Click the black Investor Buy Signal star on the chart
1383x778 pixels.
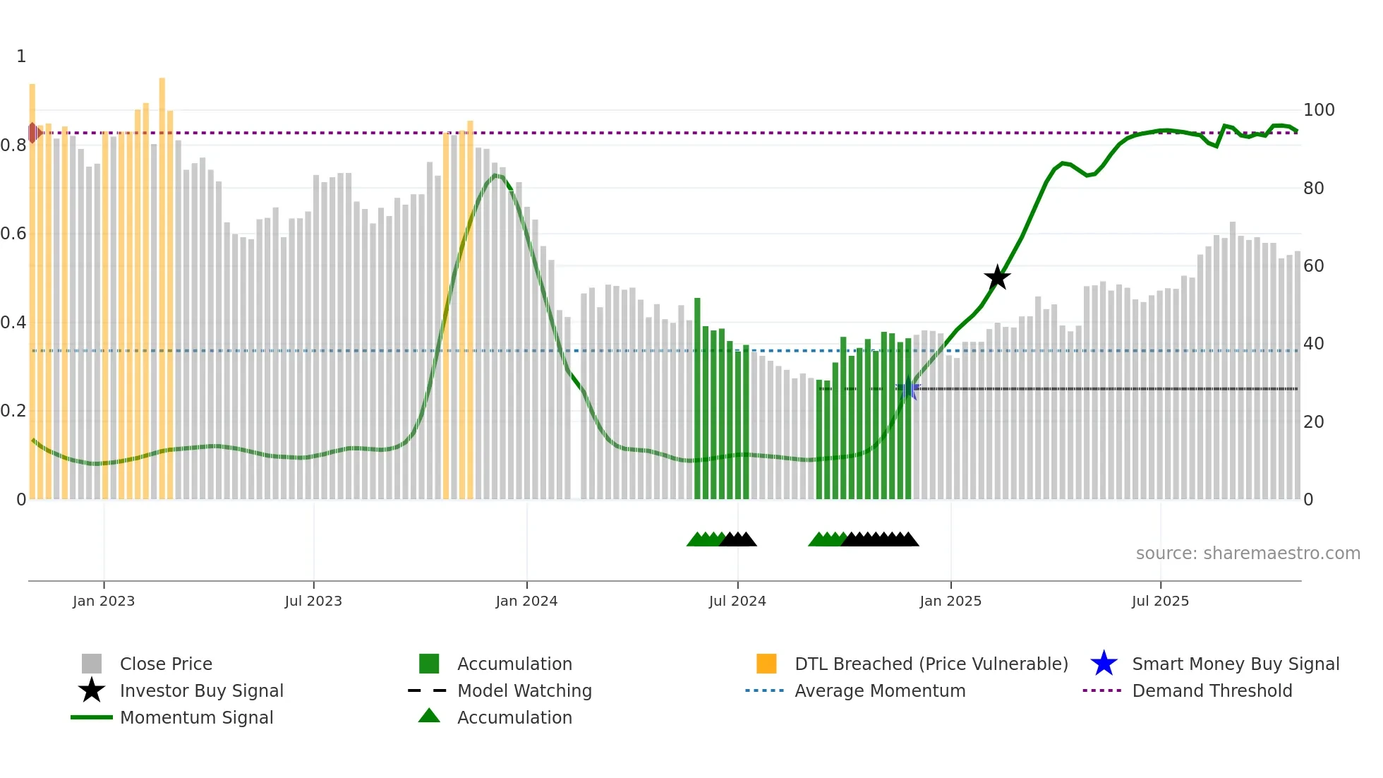click(x=997, y=277)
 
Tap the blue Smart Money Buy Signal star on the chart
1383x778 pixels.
click(x=908, y=389)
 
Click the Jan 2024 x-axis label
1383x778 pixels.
click(x=526, y=601)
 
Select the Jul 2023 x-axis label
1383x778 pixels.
click(x=313, y=601)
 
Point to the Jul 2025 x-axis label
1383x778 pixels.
click(x=1160, y=601)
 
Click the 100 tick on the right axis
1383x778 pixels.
click(x=1318, y=110)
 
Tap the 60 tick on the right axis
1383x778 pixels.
click(x=1313, y=266)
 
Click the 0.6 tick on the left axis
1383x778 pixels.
click(x=13, y=234)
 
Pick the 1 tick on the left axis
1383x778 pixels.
click(x=21, y=56)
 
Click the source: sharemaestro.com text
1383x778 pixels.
click(x=1248, y=553)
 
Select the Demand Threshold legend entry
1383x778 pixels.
click(x=1212, y=690)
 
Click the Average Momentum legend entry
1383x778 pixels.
click(x=879, y=690)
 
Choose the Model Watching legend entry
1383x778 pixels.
click(x=524, y=690)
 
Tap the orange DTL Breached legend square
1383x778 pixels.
click(x=766, y=664)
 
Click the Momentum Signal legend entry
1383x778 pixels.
click(x=196, y=717)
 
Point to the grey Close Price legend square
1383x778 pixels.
click(x=92, y=664)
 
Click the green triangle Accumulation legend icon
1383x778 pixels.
click(x=429, y=717)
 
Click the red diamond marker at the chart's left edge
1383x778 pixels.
click(x=33, y=133)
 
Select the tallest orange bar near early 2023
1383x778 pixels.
click(x=162, y=282)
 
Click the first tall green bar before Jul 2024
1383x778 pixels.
click(x=697, y=395)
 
